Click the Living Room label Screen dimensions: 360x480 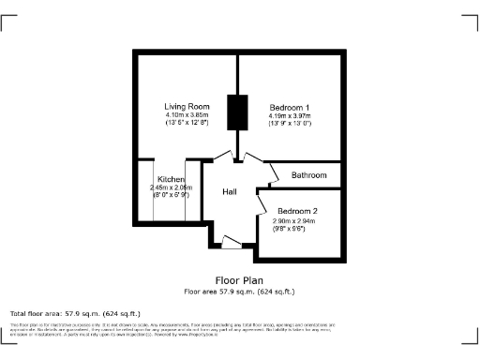click(x=186, y=106)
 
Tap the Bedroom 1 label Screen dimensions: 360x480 click(x=290, y=106)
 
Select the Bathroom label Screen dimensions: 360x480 click(x=308, y=175)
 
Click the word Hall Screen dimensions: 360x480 click(x=230, y=192)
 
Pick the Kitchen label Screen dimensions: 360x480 click(x=171, y=179)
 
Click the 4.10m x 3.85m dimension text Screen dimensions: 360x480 click(x=186, y=114)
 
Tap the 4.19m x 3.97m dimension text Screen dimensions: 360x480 click(x=290, y=114)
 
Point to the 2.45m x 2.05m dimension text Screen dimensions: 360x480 click(x=171, y=187)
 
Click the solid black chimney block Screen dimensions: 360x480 click(x=236, y=114)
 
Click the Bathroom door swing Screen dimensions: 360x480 click(x=274, y=173)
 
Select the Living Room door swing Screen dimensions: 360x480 click(x=223, y=157)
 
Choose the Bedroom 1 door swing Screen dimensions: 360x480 click(x=249, y=157)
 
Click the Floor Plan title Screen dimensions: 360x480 click(x=239, y=279)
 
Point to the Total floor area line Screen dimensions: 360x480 click(x=75, y=313)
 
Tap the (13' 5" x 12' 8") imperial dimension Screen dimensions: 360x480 click(x=186, y=123)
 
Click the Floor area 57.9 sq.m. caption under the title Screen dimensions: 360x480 click(x=239, y=291)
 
